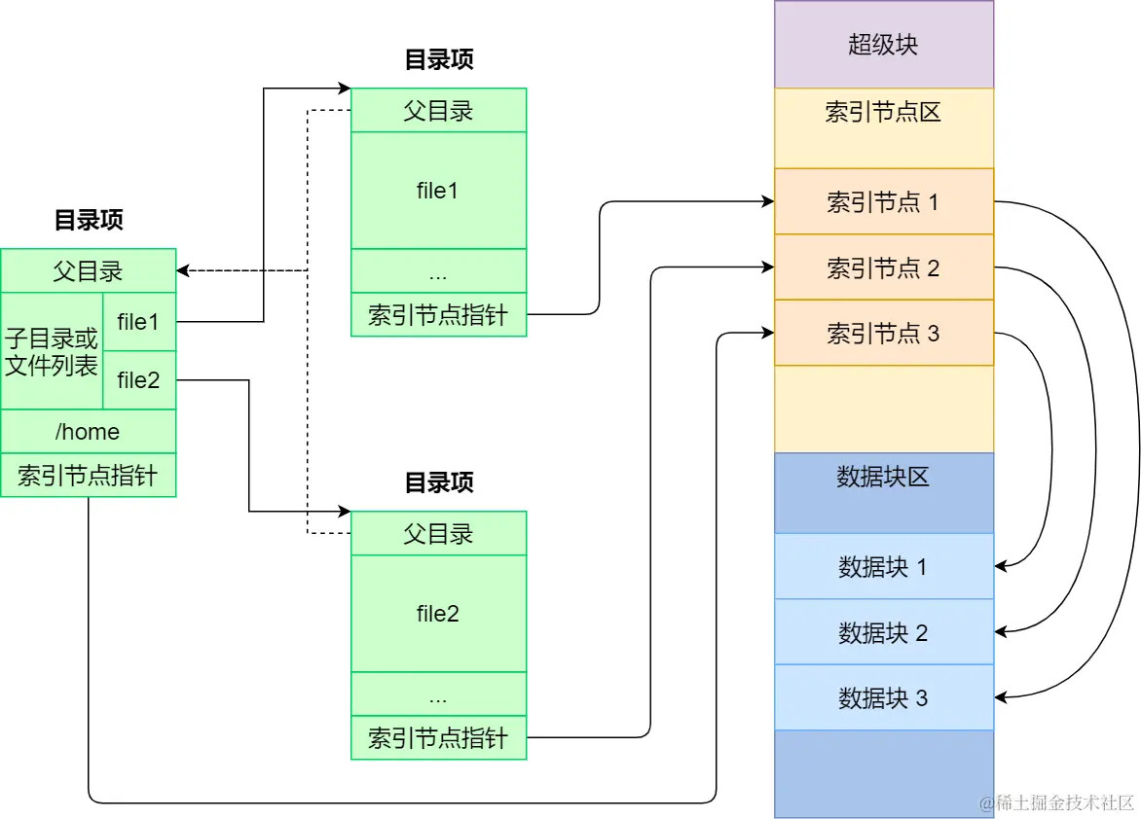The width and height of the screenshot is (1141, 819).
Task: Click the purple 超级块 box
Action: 883,45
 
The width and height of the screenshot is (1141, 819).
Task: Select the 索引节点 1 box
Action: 883,201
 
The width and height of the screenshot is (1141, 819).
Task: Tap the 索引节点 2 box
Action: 883,267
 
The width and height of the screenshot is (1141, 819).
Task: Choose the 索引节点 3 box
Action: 883,333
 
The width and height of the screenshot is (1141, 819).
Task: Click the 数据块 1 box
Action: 883,566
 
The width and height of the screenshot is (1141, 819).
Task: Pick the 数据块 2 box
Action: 883,632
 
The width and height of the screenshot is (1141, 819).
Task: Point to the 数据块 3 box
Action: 883,697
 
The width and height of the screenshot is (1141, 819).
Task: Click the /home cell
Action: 88,431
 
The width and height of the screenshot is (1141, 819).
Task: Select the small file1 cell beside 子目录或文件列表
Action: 139,322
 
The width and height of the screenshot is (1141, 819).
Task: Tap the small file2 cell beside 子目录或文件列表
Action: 139,380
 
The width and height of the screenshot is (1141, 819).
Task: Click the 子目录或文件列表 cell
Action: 52,351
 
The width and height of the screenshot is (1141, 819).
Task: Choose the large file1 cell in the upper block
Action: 438,191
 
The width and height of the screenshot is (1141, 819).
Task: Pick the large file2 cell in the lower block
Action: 438,613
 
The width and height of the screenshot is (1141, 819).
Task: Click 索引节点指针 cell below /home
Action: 88,475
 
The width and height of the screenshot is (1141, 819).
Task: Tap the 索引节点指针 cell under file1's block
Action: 438,314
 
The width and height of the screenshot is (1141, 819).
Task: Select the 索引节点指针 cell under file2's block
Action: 438,737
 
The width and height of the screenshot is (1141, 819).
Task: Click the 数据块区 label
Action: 883,477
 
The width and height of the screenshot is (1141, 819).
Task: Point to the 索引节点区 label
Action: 883,112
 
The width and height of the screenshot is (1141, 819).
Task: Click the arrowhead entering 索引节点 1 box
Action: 768,201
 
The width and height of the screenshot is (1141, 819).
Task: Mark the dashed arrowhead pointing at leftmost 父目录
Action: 183,270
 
